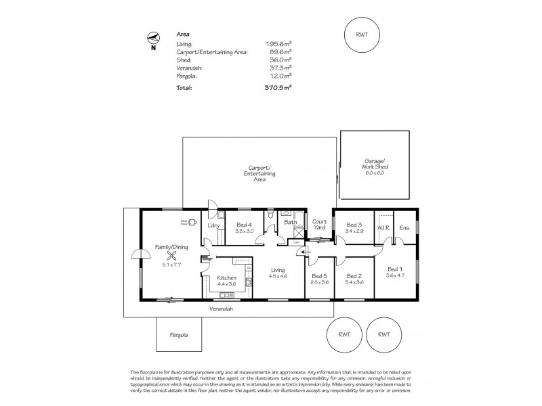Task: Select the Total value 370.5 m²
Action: pyautogui.click(x=279, y=88)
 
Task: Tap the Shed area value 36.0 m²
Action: pyautogui.click(x=281, y=60)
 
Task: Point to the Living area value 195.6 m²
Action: pyautogui.click(x=280, y=43)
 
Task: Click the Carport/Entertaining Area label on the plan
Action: pyautogui.click(x=259, y=173)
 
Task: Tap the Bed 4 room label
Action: pyautogui.click(x=245, y=225)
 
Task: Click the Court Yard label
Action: pyautogui.click(x=320, y=224)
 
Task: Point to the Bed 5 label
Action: pyautogui.click(x=319, y=275)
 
